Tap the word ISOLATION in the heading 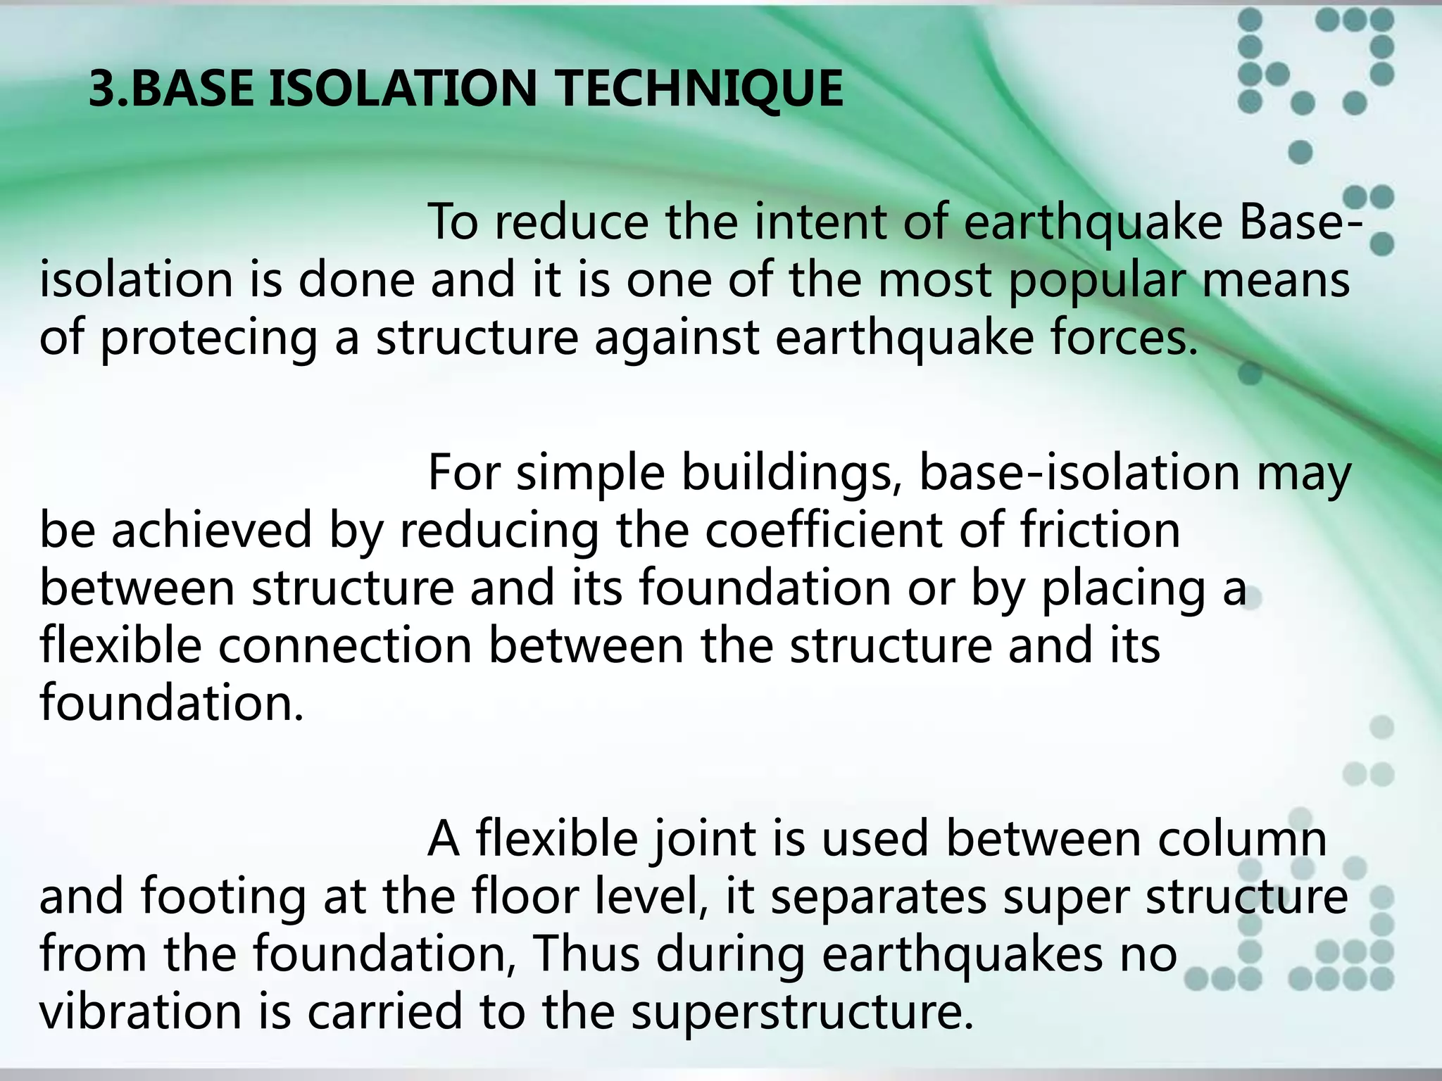tap(403, 89)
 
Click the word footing tap(223, 898)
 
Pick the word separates tap(879, 898)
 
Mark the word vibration tap(140, 1011)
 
